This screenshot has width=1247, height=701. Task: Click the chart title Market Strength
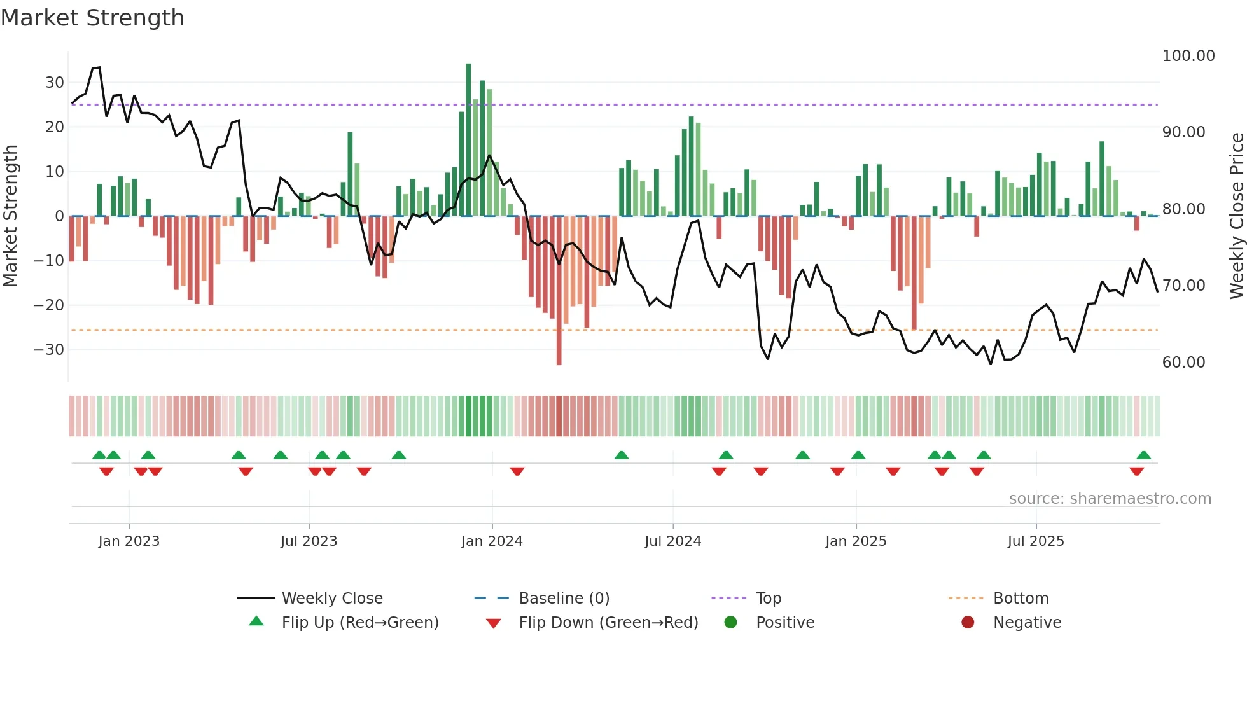point(92,18)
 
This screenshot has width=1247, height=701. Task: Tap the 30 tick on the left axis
point(55,83)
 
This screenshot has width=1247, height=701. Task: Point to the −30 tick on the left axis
point(49,350)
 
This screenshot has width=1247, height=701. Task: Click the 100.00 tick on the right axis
point(1188,56)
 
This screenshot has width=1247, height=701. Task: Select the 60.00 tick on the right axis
point(1183,363)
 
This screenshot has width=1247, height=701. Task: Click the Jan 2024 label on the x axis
point(491,541)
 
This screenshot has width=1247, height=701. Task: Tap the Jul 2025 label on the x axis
point(1035,541)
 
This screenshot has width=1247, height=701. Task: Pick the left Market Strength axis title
point(10,216)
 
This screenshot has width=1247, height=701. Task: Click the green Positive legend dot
point(730,623)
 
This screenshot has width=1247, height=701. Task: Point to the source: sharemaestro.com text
point(1110,499)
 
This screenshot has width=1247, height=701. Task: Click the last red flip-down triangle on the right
point(1136,471)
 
